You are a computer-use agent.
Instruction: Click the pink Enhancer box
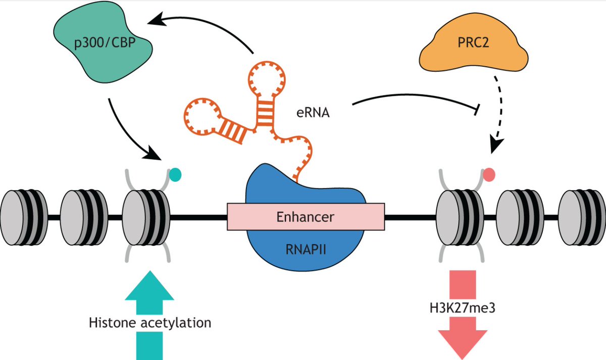tap(306, 217)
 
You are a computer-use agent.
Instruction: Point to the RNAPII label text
tap(306, 248)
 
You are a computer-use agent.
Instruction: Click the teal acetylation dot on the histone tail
tap(175, 175)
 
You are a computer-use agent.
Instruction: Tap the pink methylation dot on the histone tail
tap(488, 175)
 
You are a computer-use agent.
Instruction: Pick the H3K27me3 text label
tap(462, 306)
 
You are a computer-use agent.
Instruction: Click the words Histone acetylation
tap(150, 322)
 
